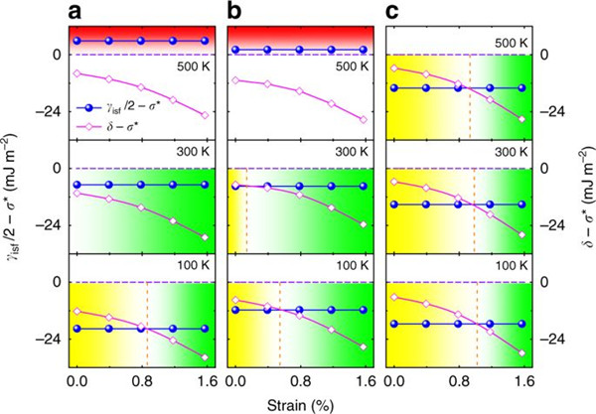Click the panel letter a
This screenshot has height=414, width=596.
[x=75, y=12]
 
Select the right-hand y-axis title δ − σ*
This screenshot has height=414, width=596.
[x=582, y=199]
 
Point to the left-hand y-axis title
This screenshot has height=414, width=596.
[x=13, y=199]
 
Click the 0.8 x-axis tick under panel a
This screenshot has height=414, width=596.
[x=141, y=379]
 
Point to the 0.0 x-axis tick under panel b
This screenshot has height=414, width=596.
[x=235, y=379]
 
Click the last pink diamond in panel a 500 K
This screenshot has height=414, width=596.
[x=205, y=115]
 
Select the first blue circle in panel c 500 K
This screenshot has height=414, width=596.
[x=395, y=88]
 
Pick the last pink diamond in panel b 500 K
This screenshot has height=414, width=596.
[x=365, y=119]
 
